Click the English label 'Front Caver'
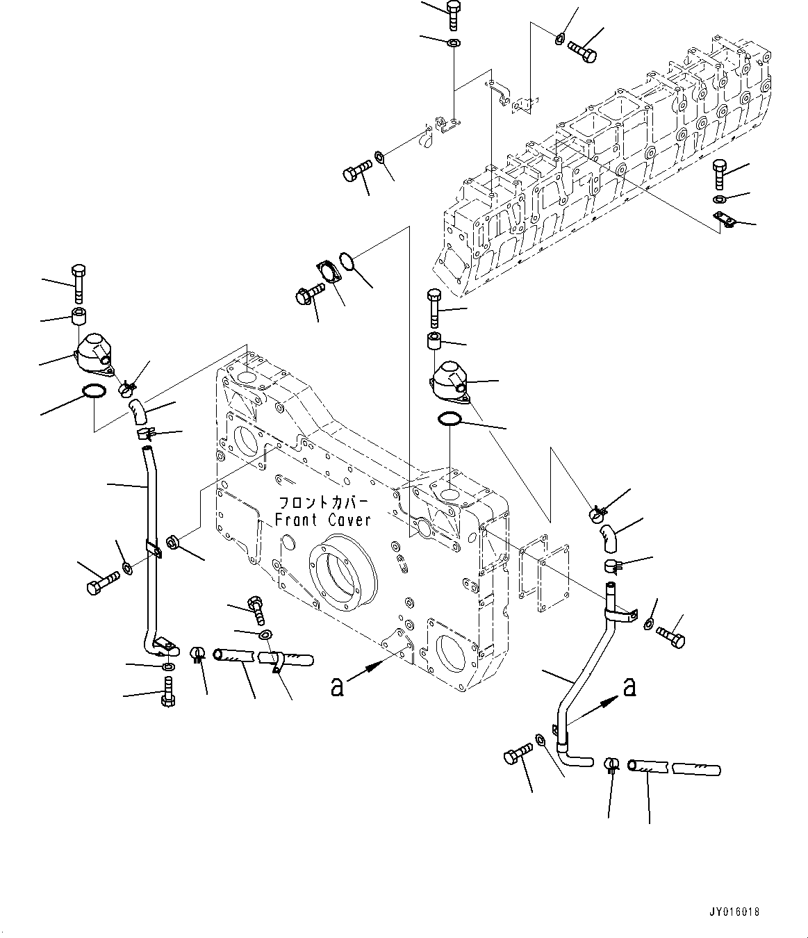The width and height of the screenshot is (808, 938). click(x=323, y=519)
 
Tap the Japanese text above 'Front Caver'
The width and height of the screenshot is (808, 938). click(x=323, y=502)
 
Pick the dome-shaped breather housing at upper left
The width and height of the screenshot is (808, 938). click(x=92, y=350)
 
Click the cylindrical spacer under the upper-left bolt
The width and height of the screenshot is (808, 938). click(x=79, y=315)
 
